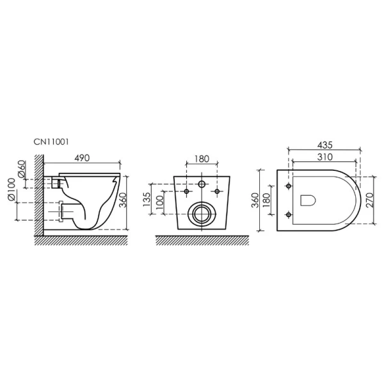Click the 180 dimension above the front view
[x=202, y=157]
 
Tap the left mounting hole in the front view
[x=186, y=192]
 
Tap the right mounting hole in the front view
[x=218, y=192]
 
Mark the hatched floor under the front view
[x=202, y=241]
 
